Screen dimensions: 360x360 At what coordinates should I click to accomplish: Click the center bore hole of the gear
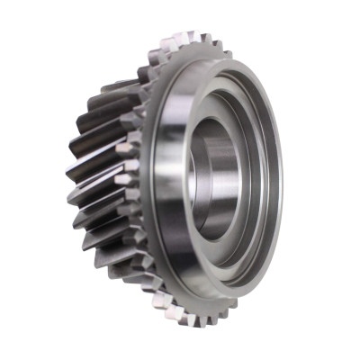click(214, 180)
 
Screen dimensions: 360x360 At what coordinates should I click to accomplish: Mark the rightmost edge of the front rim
click(280, 180)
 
